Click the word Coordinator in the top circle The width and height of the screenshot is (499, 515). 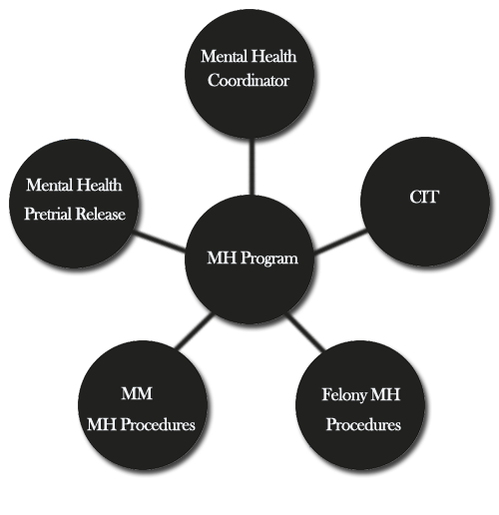(249, 81)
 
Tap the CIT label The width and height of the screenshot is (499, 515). (424, 197)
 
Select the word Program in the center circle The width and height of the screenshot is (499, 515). (269, 259)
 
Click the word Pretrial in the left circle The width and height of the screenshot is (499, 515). (48, 215)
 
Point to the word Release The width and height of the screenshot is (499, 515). (100, 214)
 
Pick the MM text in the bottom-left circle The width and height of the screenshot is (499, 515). (137, 393)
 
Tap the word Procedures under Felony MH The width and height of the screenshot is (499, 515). (363, 424)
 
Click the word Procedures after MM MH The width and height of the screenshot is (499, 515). (158, 424)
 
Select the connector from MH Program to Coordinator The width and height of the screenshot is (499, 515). (251, 167)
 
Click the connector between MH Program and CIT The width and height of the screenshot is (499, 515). (340, 241)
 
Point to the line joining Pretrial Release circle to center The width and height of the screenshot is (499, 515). (160, 242)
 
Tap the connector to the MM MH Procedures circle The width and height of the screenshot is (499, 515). (194, 330)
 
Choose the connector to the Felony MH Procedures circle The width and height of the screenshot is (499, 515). (305, 331)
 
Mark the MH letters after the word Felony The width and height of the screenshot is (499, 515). (385, 394)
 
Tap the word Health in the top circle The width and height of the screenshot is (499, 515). (272, 56)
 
